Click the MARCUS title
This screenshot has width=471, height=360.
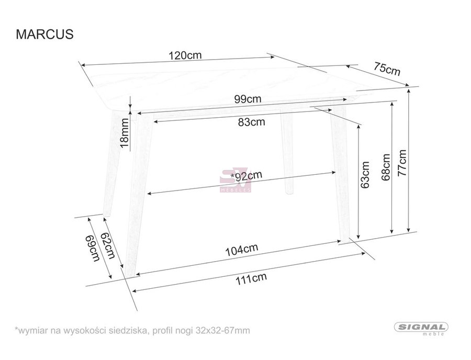point(44,34)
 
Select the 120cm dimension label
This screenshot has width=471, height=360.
point(185,55)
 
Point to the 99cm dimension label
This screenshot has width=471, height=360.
point(248,98)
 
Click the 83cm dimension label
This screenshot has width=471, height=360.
point(251,121)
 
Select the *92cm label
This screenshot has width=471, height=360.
point(246,176)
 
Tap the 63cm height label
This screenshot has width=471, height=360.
point(365,175)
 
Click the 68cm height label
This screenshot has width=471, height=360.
point(385,167)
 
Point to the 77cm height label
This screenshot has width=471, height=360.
point(401,163)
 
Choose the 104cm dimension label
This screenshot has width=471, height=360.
point(241,250)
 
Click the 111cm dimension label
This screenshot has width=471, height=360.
point(251,279)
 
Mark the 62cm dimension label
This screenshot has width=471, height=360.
point(107,245)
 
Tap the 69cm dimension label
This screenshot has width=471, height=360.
point(93,248)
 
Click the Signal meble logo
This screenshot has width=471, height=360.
point(421,329)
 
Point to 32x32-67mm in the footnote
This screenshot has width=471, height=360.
point(222,331)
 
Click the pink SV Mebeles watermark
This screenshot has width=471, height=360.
point(235,180)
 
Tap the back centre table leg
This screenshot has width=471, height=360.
point(287,152)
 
